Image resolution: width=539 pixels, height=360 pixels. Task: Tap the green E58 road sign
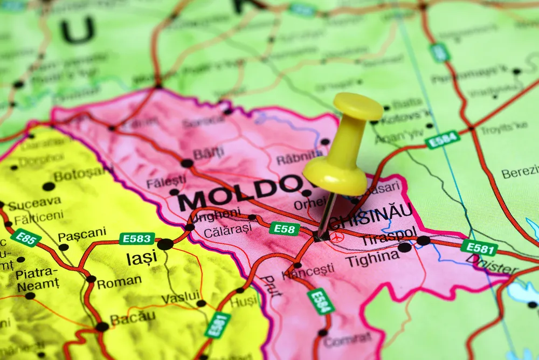(285, 229)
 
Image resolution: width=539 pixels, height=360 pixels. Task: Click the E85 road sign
(25, 237)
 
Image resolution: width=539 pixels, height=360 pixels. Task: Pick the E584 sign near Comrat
(321, 301)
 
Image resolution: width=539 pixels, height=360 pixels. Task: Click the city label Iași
(142, 258)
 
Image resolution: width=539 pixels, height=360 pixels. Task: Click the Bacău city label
(133, 319)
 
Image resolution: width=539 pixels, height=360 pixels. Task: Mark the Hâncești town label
(309, 271)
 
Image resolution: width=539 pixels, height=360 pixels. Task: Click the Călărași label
(227, 230)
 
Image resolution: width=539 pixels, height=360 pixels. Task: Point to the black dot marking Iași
(165, 244)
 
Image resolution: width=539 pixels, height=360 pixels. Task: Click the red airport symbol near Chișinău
(338, 237)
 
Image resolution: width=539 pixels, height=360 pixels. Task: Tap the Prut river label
(271, 286)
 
